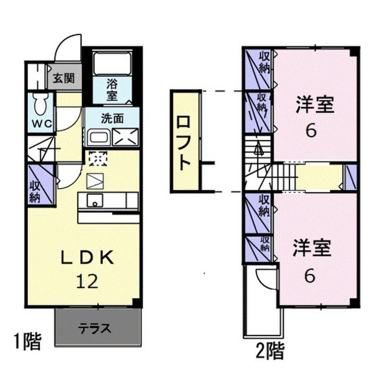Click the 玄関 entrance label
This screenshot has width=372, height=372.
63,78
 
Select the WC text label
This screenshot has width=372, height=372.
42,124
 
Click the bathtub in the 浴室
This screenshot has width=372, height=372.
112,63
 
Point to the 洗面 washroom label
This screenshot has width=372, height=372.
112,118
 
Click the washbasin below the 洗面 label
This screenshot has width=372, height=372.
98,138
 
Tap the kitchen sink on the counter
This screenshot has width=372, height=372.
95,201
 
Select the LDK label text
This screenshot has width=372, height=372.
88,258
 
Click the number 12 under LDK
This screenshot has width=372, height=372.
87,281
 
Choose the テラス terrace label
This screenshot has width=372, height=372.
95,329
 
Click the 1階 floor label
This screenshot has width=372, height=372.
28,341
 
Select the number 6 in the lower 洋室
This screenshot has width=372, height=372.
310,276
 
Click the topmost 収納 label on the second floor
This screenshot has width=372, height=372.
264,62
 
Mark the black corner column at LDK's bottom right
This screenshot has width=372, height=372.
137,302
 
